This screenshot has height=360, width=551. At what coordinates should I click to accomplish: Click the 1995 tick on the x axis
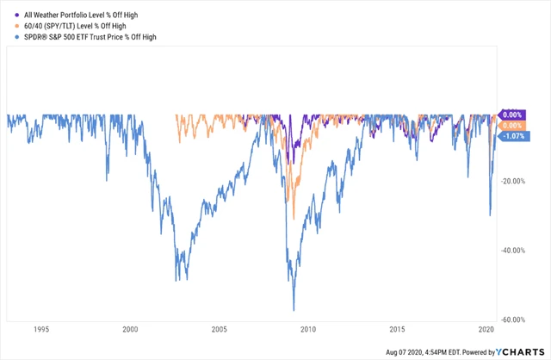coord(40,329)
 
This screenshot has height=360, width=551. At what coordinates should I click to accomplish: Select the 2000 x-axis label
coord(130,329)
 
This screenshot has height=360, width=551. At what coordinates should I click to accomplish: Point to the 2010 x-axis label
coord(308,329)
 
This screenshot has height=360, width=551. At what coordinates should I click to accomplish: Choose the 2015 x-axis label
coord(397,329)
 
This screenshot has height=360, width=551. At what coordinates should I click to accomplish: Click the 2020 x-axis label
coord(486,329)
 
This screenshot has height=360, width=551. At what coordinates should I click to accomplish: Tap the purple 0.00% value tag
coord(513,115)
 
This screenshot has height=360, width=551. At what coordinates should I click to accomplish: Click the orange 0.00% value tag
coord(513,126)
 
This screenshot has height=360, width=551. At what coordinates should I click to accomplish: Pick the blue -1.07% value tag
coord(515,136)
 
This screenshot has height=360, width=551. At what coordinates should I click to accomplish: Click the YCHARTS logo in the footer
coord(521,351)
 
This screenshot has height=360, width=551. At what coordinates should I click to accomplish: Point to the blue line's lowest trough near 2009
coord(294,310)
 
